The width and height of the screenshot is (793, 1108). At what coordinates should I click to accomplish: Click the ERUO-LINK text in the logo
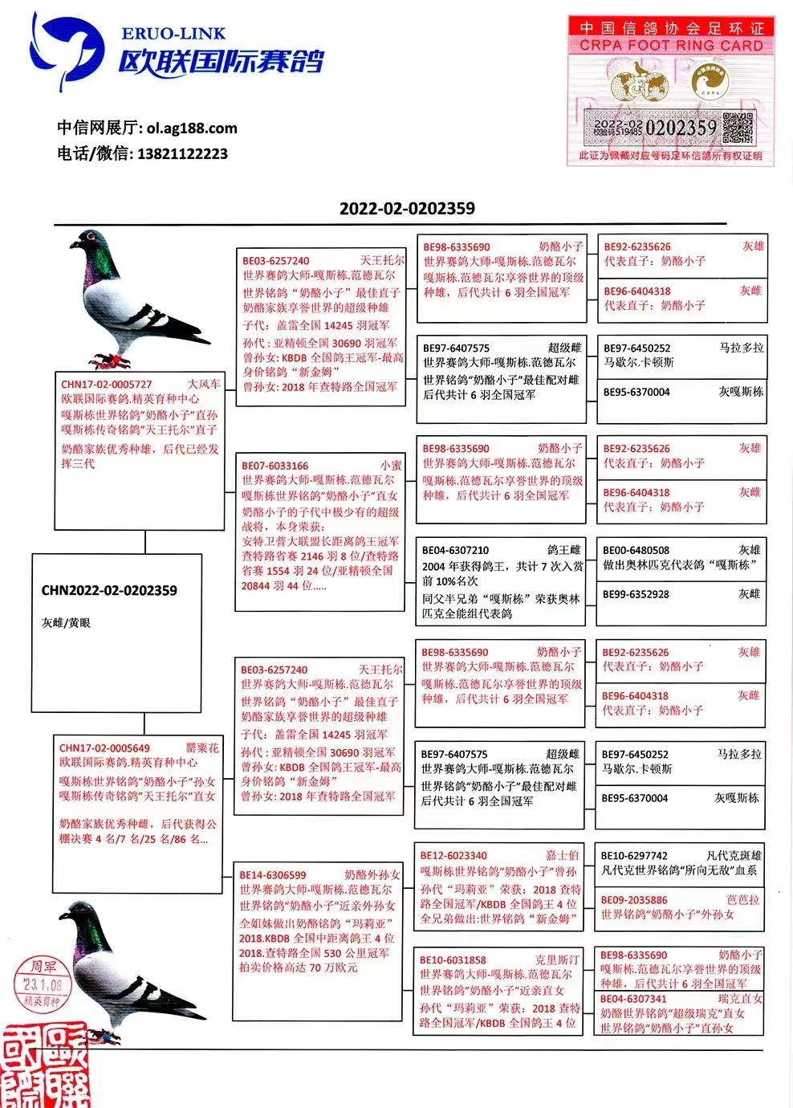pyautogui.click(x=173, y=34)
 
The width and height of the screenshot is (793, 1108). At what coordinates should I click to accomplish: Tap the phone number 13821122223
pyautogui.click(x=182, y=153)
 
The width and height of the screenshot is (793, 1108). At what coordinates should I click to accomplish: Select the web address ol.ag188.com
pyautogui.click(x=192, y=128)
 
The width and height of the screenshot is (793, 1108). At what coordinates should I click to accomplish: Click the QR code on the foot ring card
pyautogui.click(x=738, y=128)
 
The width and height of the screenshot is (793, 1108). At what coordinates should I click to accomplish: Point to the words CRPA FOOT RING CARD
pyautogui.click(x=671, y=46)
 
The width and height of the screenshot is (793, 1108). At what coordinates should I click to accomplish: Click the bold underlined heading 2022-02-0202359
pyautogui.click(x=407, y=209)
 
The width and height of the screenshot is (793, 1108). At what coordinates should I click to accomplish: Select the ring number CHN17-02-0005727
pyautogui.click(x=107, y=385)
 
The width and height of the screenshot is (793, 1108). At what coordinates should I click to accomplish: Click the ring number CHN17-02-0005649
pyautogui.click(x=104, y=748)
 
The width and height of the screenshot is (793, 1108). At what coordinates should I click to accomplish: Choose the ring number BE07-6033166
pyautogui.click(x=275, y=466)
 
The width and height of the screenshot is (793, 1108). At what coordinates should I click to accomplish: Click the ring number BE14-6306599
pyautogui.click(x=273, y=875)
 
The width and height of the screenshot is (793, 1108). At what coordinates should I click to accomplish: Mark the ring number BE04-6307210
pyautogui.click(x=455, y=551)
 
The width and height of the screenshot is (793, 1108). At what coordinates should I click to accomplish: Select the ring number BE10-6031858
pyautogui.click(x=453, y=960)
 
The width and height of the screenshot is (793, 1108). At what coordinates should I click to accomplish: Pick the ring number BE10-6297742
pyautogui.click(x=634, y=856)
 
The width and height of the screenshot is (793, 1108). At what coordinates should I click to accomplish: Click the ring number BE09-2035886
pyautogui.click(x=634, y=900)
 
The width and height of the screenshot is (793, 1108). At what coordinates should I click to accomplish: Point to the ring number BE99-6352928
pyautogui.click(x=636, y=594)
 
